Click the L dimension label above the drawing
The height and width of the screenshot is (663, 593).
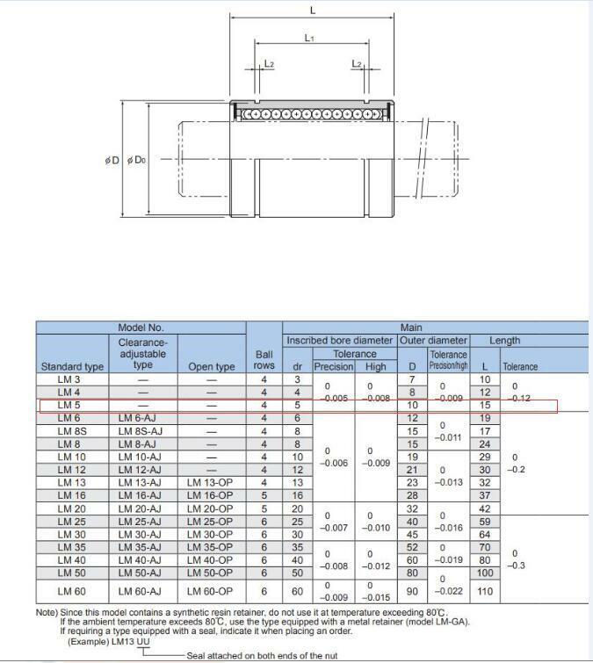pos(313,11)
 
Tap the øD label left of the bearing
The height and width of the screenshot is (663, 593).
pos(111,161)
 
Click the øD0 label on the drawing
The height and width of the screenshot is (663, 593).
pos(136,161)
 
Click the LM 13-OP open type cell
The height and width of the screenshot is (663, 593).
pos(212,483)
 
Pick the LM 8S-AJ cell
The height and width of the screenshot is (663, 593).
pos(141,431)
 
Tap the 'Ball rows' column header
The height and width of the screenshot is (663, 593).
pos(264,359)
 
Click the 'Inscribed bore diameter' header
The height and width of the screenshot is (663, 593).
pos(339,341)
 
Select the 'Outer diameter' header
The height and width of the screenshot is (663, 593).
pos(433,341)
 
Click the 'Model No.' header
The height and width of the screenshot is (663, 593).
pos(141,328)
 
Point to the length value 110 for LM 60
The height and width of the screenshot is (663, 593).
pos(485,592)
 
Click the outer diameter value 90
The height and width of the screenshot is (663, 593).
pos(412,592)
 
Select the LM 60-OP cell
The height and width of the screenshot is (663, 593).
pos(212,592)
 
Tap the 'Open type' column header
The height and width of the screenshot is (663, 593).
pos(212,366)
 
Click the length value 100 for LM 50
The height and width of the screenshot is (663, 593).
pos(485,573)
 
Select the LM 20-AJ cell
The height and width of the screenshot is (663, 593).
pos(141,508)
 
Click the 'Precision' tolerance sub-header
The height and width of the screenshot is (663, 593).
pos(333,366)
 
